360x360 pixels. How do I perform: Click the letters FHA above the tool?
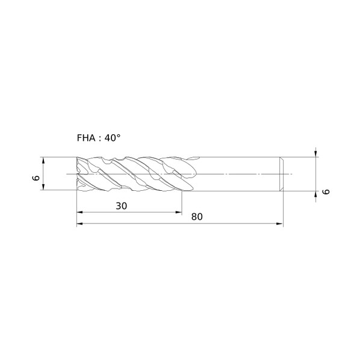point(86,138)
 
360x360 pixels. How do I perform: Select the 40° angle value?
point(113,138)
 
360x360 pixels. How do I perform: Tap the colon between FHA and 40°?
point(100,139)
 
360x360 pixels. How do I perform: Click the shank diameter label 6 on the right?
point(326,191)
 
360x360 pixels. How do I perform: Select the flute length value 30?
point(121,206)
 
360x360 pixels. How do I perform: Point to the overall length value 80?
point(197,217)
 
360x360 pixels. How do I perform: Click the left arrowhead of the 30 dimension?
point(79,213)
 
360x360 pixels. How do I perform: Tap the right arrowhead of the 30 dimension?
point(179,213)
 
